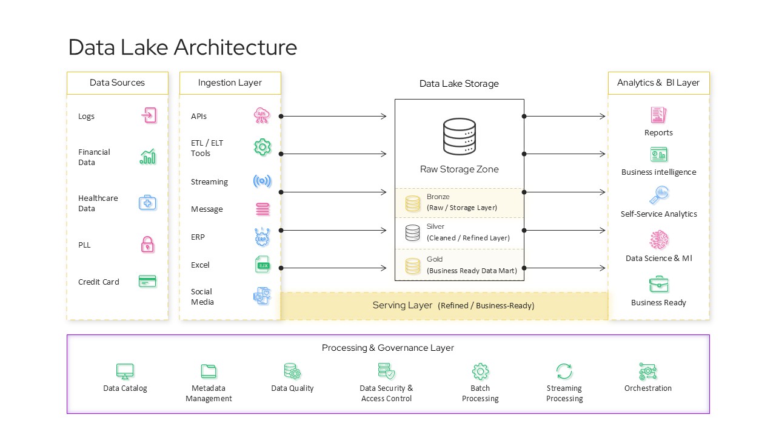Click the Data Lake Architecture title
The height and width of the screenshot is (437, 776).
(182, 47)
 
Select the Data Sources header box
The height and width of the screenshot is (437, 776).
(117, 83)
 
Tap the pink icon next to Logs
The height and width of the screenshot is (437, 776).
(149, 115)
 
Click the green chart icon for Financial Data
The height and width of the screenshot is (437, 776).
(147, 157)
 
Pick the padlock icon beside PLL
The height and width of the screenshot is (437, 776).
(147, 245)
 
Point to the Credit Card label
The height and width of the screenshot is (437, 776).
(98, 282)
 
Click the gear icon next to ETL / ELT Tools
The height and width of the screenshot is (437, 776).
(262, 147)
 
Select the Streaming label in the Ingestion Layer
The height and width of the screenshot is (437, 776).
(209, 181)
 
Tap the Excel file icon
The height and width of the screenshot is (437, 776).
(262, 265)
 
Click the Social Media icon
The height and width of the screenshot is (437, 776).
(262, 296)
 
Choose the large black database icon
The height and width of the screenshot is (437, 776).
(459, 137)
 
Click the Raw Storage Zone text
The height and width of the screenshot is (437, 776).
(459, 169)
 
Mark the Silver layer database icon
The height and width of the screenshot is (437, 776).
(413, 232)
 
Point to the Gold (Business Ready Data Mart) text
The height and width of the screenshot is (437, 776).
(471, 265)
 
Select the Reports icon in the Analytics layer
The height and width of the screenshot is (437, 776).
(658, 115)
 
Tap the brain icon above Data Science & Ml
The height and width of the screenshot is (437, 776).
(658, 240)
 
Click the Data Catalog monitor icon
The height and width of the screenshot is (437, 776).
(125, 371)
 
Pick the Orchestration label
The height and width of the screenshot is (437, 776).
(647, 388)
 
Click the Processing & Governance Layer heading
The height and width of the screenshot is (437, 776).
(387, 348)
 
